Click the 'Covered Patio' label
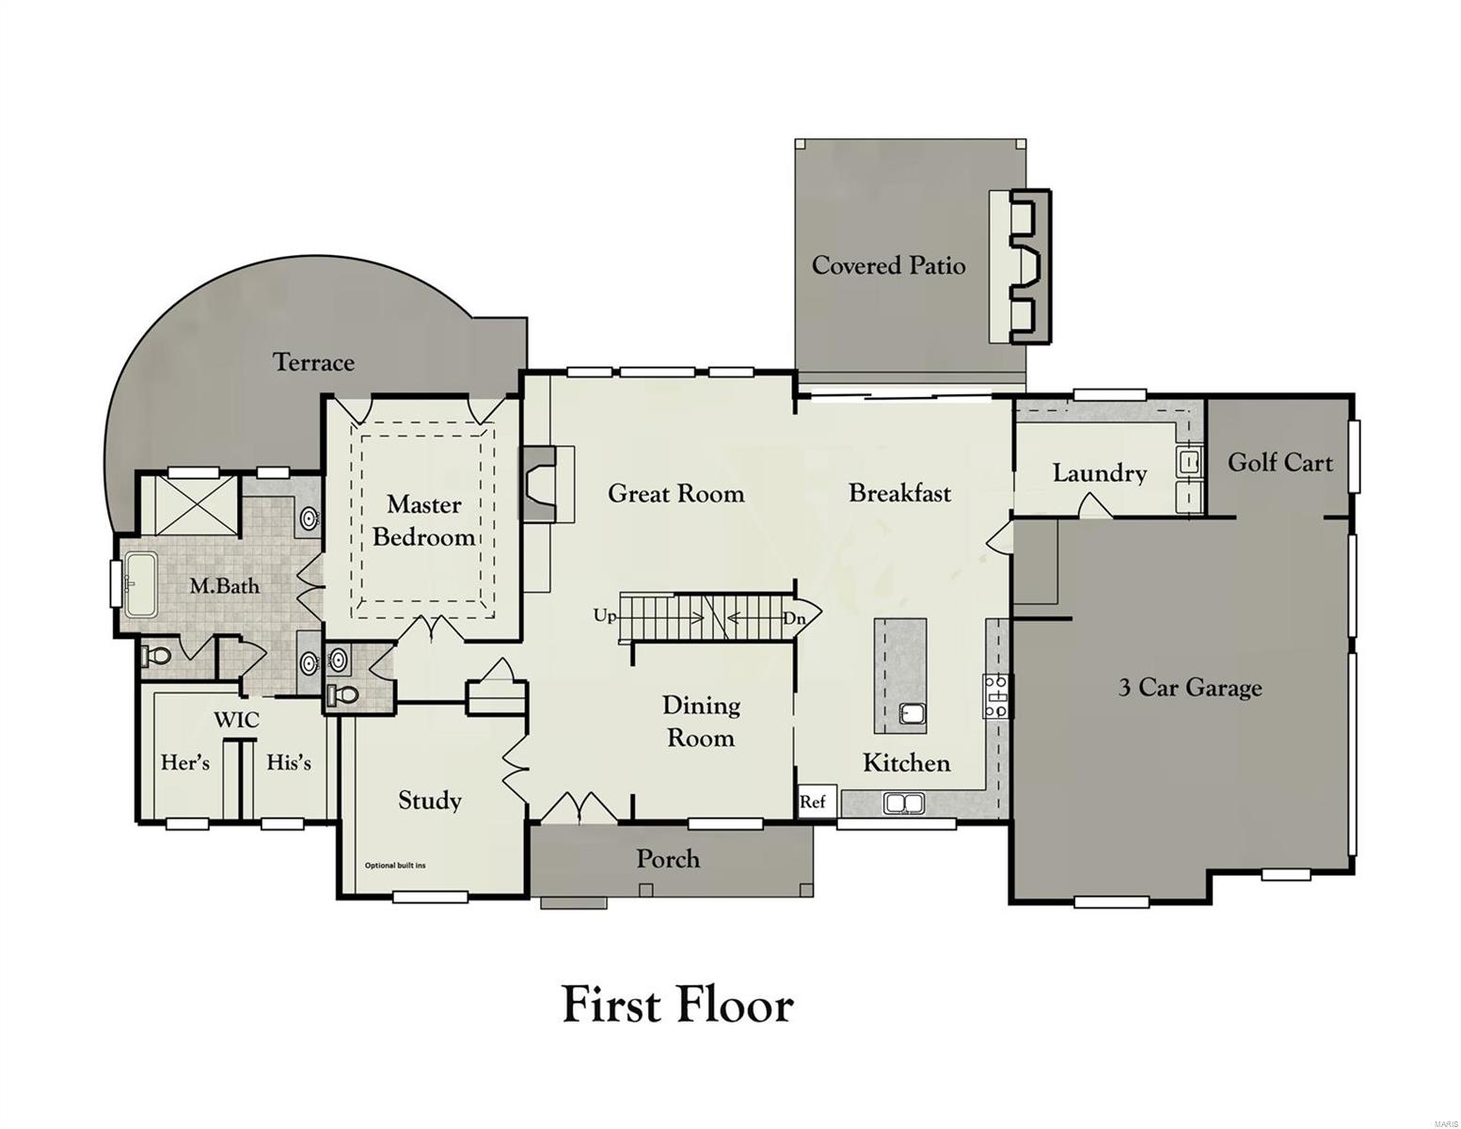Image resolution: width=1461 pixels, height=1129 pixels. pos(888,265)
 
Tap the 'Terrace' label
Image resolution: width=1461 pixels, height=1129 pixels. pos(313,362)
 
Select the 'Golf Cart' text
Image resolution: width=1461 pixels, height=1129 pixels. pos(1279,462)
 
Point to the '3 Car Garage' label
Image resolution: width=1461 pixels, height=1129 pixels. pos(1189,688)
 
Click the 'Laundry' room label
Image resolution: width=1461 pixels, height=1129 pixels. pos(1099,472)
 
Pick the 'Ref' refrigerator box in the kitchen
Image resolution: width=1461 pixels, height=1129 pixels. pos(814,802)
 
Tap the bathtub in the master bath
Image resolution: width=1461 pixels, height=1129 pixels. pos(142,585)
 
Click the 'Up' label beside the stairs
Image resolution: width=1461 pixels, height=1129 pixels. pos(605,616)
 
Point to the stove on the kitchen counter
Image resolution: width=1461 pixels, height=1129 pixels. pos(996,696)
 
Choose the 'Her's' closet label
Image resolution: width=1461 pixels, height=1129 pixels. pos(185,762)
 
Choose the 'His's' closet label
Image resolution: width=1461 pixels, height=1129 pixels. pos(288,762)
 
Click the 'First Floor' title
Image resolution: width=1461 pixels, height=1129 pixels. pos(677,1004)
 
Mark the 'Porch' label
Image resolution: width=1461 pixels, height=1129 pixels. pos(668,858)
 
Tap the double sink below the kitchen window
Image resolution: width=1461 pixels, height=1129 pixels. pos(904,803)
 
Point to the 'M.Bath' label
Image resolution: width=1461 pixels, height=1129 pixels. pos(224,586)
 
